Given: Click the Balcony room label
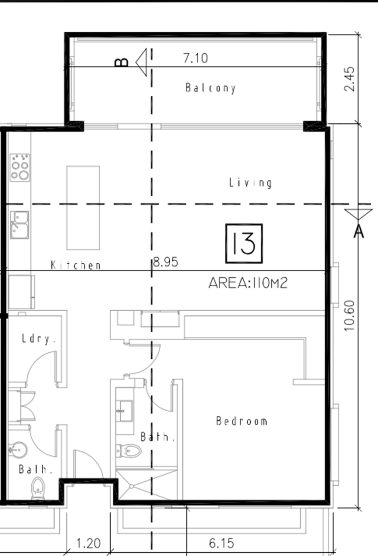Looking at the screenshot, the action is point(210,88).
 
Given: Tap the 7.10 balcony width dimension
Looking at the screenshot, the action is point(196,58).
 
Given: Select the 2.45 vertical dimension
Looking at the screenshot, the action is point(350,79).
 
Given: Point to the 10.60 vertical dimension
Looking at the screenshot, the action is point(350,315).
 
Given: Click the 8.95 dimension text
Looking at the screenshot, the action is point(166,262).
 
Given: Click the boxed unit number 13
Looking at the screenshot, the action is point(244,244).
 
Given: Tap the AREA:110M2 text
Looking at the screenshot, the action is point(248,283).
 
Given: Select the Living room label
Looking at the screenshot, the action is point(250,183).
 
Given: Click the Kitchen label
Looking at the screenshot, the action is point(76,265).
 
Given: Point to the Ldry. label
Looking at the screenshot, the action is point(38,339).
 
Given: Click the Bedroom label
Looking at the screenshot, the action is point(242,421).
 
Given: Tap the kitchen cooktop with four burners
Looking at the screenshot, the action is point(20,167).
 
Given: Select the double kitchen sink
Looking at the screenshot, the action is point(20,225).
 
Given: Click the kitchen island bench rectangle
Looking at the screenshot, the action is point(83,208).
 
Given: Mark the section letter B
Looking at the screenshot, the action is point(122,62).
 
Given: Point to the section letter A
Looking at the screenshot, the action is point(359,232).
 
